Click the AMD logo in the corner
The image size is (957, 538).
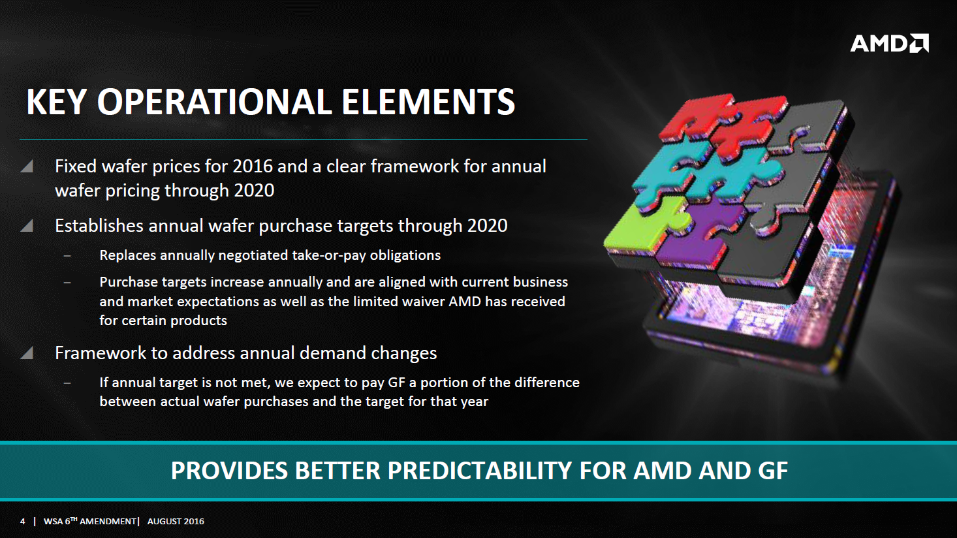pos(889,43)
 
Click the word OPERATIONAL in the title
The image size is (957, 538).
pos(215,102)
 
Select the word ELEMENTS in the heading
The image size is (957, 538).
pos(428,102)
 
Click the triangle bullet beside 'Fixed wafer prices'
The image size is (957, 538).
pos(27,166)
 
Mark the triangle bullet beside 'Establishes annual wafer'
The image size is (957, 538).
pos(27,225)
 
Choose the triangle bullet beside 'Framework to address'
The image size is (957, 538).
pos(27,353)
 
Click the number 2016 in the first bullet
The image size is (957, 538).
pos(253,166)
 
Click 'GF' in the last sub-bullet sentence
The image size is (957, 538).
pos(396,382)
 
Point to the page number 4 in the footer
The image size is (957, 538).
pos(23,521)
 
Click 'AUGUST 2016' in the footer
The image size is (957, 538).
pos(176,521)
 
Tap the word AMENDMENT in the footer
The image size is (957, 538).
pos(108,521)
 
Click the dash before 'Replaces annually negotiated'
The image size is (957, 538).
pos(67,256)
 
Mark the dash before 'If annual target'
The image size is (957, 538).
pos(67,383)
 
